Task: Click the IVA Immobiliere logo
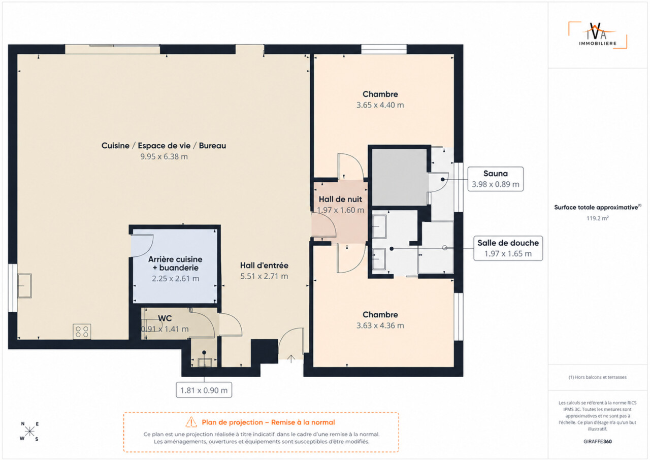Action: pyautogui.click(x=598, y=35)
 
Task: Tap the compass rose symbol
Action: pyautogui.click(x=29, y=432)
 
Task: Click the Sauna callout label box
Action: pyautogui.click(x=495, y=179)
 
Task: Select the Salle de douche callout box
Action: pyautogui.click(x=508, y=248)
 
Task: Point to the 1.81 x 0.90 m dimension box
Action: pyautogui.click(x=204, y=390)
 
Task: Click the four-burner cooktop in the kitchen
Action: pyautogui.click(x=82, y=332)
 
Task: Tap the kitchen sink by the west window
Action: pyautogui.click(x=25, y=286)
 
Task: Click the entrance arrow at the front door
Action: pyautogui.click(x=291, y=359)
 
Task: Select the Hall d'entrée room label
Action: pyautogui.click(x=264, y=266)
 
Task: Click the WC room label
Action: pyautogui.click(x=165, y=318)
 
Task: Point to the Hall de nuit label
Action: pyautogui.click(x=340, y=199)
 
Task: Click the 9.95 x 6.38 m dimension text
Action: pyautogui.click(x=164, y=156)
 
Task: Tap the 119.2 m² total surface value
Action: pyautogui.click(x=598, y=218)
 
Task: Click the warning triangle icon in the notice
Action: pyautogui.click(x=191, y=422)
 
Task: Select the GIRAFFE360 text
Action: pyautogui.click(x=598, y=441)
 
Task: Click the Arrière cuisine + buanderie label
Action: pyautogui.click(x=175, y=264)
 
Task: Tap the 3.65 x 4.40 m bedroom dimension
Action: pyautogui.click(x=380, y=105)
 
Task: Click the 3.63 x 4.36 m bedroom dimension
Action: pyautogui.click(x=380, y=325)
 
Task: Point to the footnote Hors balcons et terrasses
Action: pyautogui.click(x=598, y=377)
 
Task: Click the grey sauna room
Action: pyautogui.click(x=399, y=177)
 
